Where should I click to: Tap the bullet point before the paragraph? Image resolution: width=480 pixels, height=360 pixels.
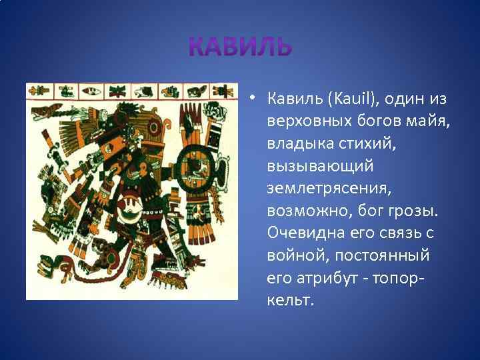tap(254, 100)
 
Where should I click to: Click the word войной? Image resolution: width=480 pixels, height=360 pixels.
tap(296, 255)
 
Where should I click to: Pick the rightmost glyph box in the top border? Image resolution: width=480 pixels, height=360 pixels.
tap(226, 90)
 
